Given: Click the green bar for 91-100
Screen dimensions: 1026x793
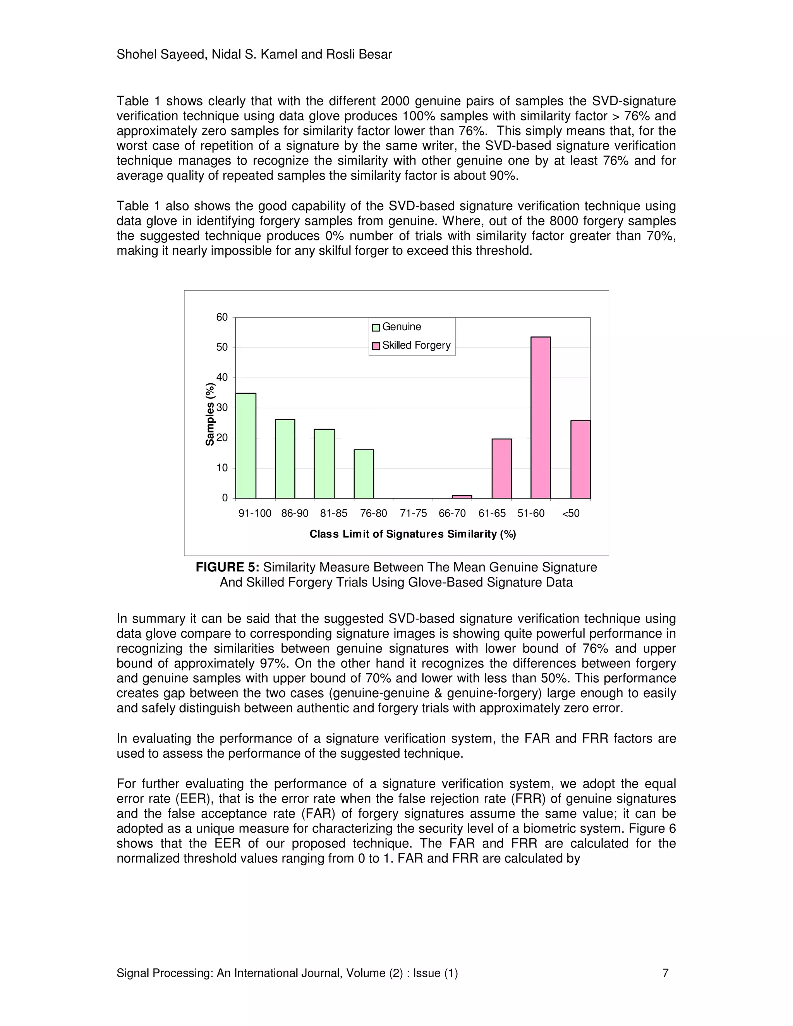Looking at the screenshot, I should click(x=246, y=445).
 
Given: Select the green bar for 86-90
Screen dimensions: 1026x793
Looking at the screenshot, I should click(x=285, y=458).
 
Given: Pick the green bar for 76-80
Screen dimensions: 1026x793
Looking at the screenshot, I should click(x=364, y=474).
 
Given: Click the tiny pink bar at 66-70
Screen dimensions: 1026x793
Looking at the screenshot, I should click(x=462, y=497).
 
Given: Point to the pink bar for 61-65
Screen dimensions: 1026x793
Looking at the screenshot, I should click(x=502, y=468).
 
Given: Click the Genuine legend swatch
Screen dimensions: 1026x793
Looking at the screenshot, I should click(x=376, y=328).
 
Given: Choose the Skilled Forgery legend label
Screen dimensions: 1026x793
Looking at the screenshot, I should click(x=416, y=345).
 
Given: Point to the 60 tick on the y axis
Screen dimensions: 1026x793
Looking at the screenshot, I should click(x=222, y=317).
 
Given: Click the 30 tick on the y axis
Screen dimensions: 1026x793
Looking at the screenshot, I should click(x=222, y=408).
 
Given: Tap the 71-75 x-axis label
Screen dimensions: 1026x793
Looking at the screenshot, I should click(x=414, y=513).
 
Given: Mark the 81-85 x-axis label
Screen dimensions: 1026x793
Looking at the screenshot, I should click(x=333, y=513).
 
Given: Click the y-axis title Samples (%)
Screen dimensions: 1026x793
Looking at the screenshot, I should click(x=210, y=414).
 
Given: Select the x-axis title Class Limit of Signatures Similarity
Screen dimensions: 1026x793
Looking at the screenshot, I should click(x=412, y=534).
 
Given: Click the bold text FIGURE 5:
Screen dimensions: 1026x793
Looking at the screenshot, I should click(x=227, y=568).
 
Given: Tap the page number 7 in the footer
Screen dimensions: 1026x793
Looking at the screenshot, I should click(x=665, y=973).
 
